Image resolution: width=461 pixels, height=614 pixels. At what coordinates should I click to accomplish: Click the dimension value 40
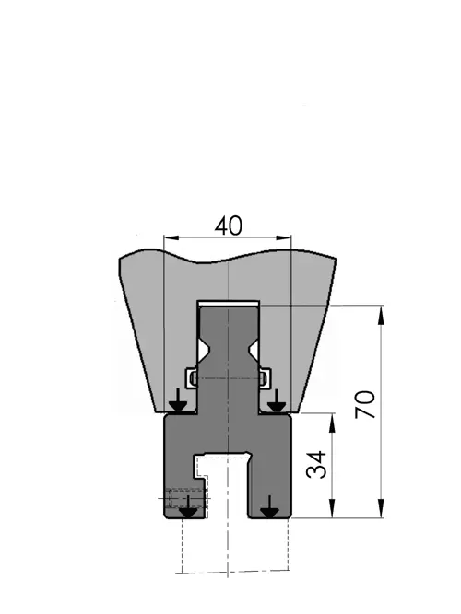(229, 226)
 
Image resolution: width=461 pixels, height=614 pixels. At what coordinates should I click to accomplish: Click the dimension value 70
(365, 404)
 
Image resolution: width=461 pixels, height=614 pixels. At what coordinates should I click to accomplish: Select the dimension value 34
(316, 465)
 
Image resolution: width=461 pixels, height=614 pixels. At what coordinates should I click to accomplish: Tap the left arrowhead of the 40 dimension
(171, 237)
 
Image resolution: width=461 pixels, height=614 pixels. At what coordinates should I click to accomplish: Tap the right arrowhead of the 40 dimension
(283, 237)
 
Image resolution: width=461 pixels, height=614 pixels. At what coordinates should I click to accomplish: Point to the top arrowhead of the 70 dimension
(381, 316)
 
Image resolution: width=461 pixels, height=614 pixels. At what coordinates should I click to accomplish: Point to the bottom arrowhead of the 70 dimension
(381, 508)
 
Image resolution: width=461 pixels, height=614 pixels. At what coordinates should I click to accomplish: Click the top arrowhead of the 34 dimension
(332, 423)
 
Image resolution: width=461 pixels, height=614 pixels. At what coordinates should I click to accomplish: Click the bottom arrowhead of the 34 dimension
(332, 508)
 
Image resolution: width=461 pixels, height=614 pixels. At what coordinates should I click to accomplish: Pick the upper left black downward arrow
(178, 400)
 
